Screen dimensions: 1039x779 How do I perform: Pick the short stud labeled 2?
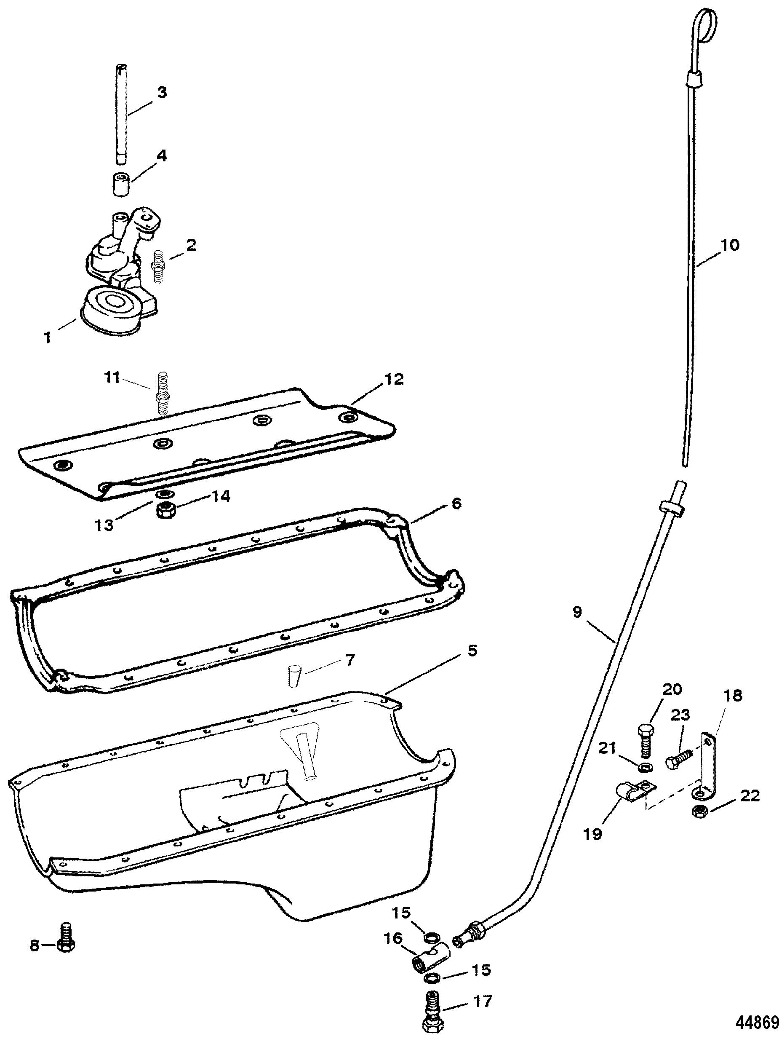[x=158, y=266]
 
